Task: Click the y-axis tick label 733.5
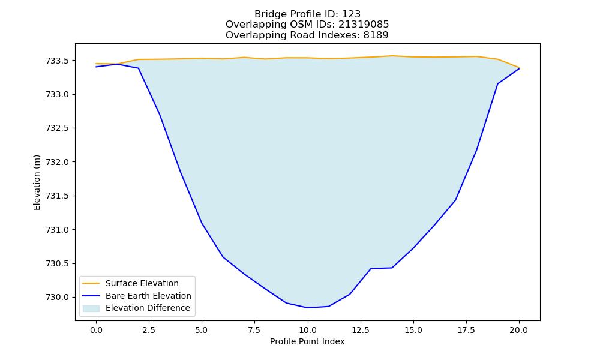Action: point(58,61)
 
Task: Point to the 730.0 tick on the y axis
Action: point(58,297)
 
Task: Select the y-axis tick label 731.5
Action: point(58,196)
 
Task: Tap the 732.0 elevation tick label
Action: point(58,162)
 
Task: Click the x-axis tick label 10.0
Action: point(307,330)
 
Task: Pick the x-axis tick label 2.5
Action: point(149,330)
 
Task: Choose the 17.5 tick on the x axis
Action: point(466,330)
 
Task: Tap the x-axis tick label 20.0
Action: point(519,330)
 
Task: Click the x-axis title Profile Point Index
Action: point(307,341)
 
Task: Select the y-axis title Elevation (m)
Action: point(37,182)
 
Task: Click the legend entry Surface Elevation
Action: point(142,283)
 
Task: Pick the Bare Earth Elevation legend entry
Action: point(148,296)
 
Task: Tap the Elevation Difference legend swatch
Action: point(91,308)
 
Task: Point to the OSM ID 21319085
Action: point(364,25)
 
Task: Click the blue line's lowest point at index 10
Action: point(307,308)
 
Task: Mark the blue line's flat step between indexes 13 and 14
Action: point(381,268)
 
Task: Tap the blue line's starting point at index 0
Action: point(96,67)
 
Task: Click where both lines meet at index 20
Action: point(519,68)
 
